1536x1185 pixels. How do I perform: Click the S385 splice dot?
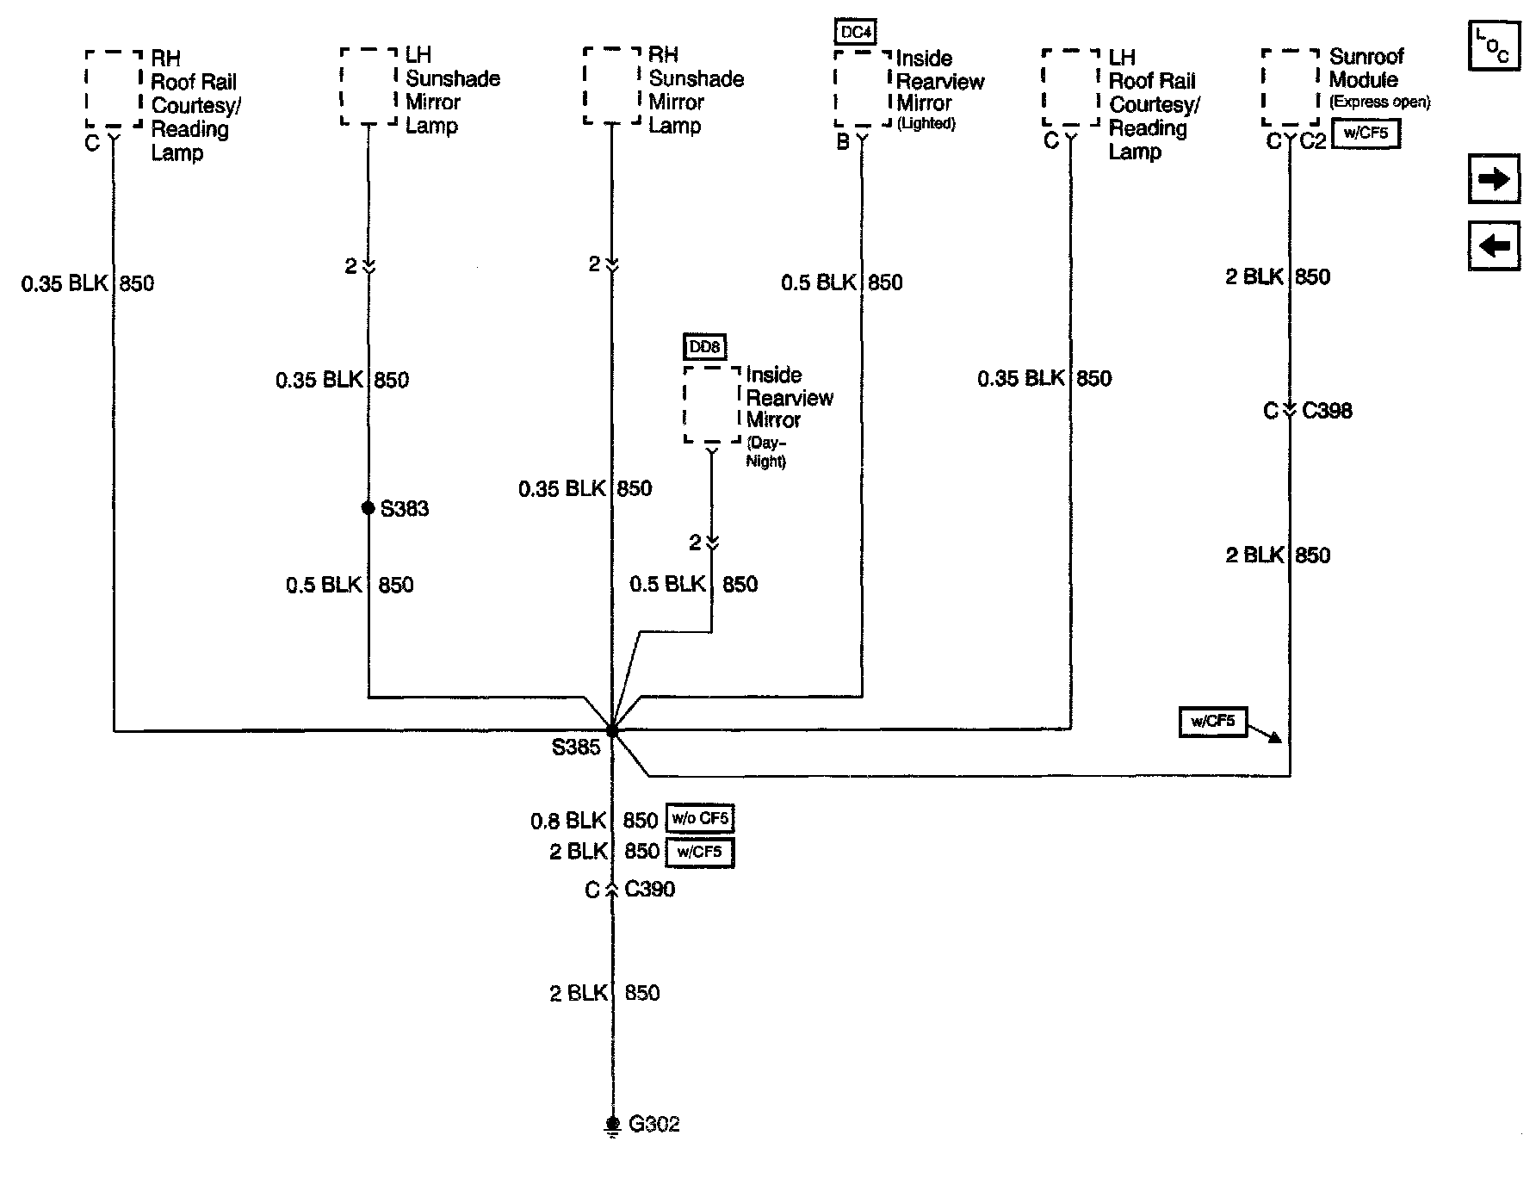point(612,730)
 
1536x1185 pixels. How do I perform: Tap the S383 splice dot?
point(369,508)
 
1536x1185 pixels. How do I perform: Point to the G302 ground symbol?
point(612,1125)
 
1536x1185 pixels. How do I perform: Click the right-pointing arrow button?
point(1493,179)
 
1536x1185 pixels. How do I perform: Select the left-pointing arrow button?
point(1493,245)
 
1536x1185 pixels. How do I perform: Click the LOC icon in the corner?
point(1493,47)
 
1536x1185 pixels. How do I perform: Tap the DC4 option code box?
point(856,33)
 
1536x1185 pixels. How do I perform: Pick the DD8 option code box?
point(704,347)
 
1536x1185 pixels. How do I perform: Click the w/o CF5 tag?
point(700,819)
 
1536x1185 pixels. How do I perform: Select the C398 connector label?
point(1327,411)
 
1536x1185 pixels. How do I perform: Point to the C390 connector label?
point(649,890)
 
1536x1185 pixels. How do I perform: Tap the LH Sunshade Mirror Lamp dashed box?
point(369,87)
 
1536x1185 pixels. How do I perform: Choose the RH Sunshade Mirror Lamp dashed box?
point(612,87)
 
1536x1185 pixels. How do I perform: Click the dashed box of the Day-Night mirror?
point(712,405)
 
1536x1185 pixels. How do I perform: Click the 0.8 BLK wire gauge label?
point(568,821)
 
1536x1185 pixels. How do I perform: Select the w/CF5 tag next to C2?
point(1366,134)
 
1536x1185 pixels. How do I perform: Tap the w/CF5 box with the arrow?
point(1212,722)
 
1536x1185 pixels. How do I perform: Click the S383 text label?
point(405,509)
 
